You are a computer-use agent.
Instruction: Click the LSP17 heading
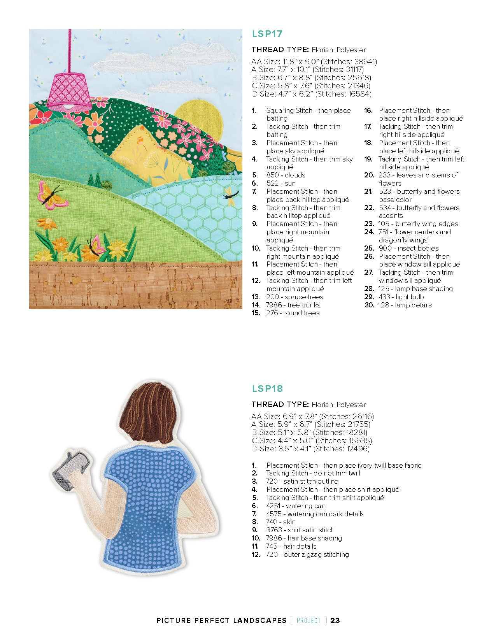267,34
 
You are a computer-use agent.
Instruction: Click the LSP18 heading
267,388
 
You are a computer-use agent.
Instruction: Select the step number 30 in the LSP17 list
369,305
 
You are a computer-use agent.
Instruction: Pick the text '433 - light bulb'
401,297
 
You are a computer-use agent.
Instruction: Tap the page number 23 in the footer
335,621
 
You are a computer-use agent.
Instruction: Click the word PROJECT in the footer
309,621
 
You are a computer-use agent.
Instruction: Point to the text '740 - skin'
280,522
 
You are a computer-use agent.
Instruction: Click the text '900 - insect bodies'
408,248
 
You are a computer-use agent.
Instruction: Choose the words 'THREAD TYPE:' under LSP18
280,404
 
